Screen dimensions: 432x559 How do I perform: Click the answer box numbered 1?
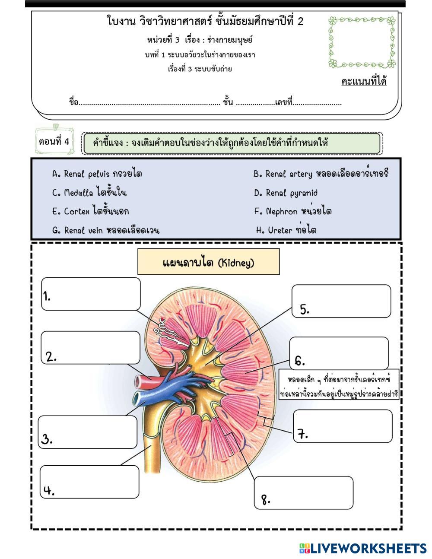(x=91, y=294)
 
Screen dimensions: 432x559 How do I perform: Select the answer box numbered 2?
(x=91, y=348)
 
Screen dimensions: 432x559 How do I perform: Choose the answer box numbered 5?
(x=341, y=301)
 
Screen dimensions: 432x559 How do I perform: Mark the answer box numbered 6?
(x=339, y=353)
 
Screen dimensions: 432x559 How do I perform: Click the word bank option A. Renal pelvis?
(x=97, y=174)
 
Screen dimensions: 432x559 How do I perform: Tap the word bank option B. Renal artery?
(x=321, y=173)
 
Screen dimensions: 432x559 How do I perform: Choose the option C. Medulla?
(x=89, y=192)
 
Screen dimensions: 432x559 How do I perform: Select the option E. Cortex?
(x=90, y=211)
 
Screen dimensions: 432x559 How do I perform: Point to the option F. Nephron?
(x=293, y=211)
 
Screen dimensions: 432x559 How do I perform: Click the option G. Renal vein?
(x=106, y=230)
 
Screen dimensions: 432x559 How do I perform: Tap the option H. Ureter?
(x=286, y=230)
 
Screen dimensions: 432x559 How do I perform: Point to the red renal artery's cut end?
(x=138, y=382)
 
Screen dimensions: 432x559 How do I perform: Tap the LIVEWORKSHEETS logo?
(x=363, y=548)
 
